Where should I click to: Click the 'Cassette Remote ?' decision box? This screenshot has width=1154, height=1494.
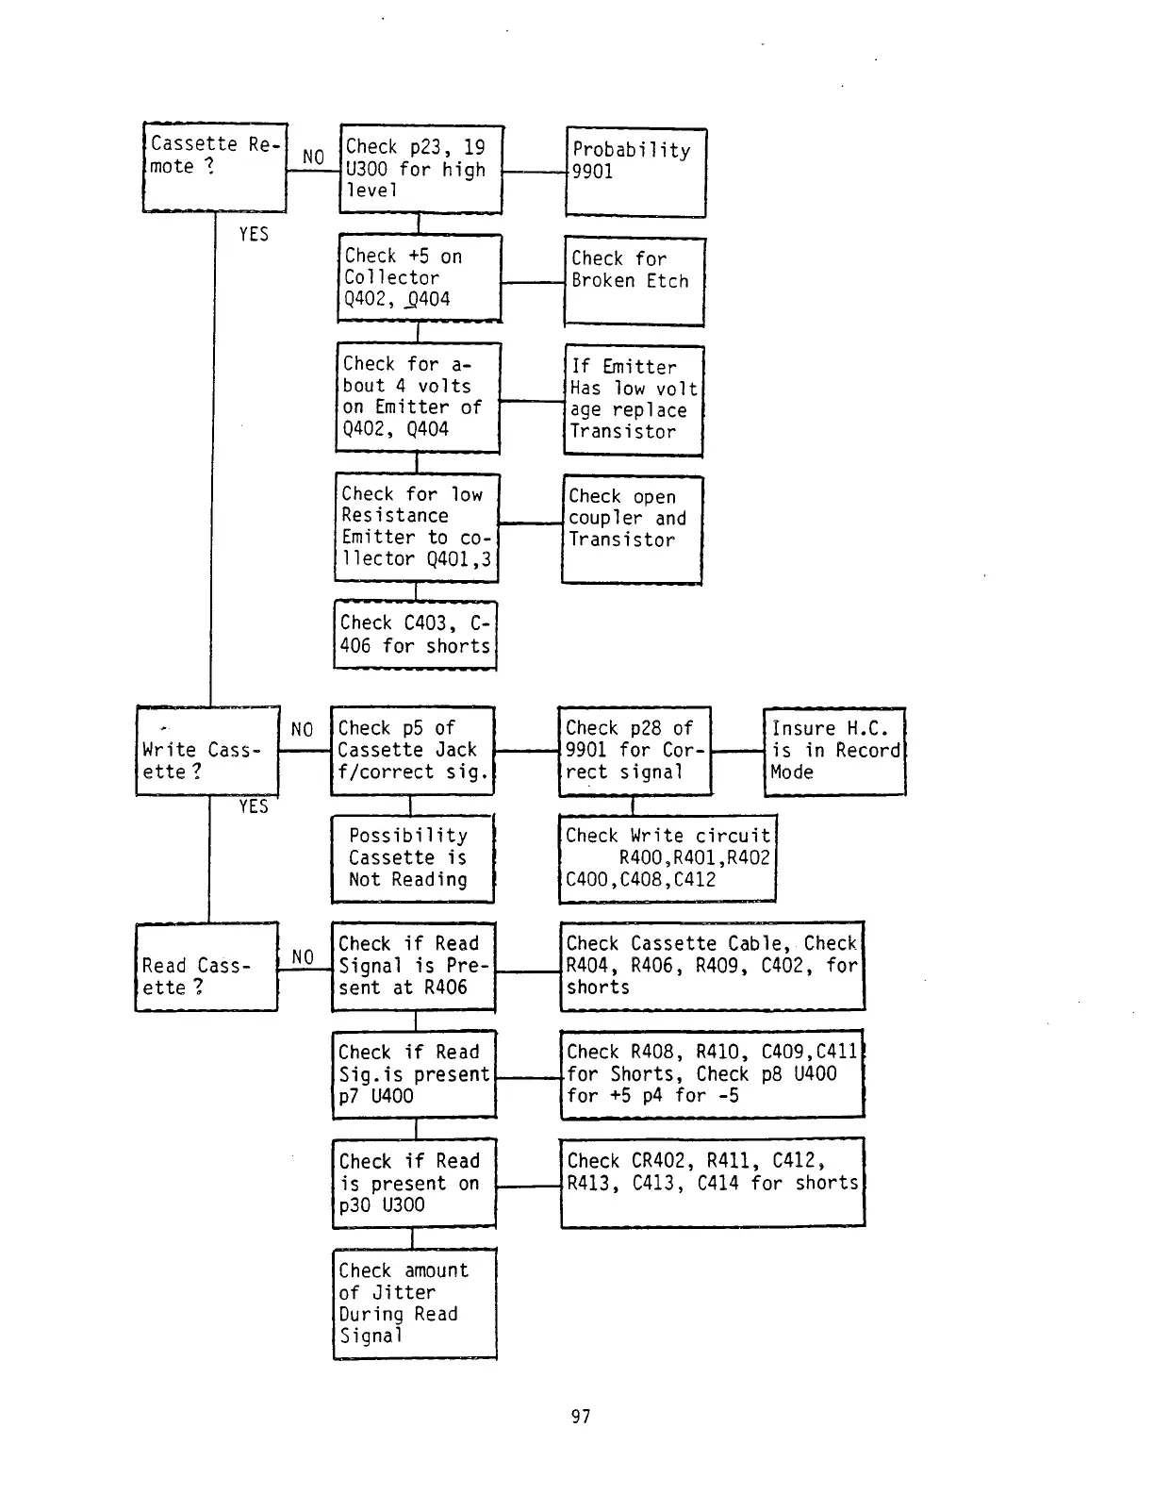pyautogui.click(x=214, y=167)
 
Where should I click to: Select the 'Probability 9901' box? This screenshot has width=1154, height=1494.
pyautogui.click(x=635, y=173)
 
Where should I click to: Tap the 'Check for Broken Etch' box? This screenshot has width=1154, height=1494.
pyautogui.click(x=634, y=281)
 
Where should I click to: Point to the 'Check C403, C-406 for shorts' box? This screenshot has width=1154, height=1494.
pyautogui.click(x=415, y=635)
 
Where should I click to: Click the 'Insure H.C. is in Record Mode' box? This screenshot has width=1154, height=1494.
pyautogui.click(x=833, y=751)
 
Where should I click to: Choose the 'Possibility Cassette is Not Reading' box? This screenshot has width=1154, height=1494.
pyautogui.click(x=412, y=858)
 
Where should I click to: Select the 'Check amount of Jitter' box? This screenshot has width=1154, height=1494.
pyautogui.click(x=414, y=1303)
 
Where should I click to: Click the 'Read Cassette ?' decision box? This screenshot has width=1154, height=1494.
pyautogui.click(x=206, y=967)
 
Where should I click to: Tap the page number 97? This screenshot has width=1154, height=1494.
pyautogui.click(x=581, y=1416)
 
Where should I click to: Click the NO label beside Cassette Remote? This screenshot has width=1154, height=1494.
pyautogui.click(x=313, y=157)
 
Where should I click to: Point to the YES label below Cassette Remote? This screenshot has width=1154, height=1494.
pyautogui.click(x=254, y=234)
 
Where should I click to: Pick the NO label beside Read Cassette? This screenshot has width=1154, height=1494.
pyautogui.click(x=303, y=957)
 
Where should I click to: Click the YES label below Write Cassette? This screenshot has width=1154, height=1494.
pyautogui.click(x=254, y=806)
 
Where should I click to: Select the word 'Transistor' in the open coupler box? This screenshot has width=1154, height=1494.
pyautogui.click(x=621, y=539)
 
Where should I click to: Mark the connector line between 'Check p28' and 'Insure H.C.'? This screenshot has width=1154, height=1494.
pyautogui.click(x=736, y=751)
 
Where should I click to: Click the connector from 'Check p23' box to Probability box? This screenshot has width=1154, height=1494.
pyautogui.click(x=534, y=173)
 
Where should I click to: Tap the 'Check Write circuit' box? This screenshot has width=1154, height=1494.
pyautogui.click(x=667, y=858)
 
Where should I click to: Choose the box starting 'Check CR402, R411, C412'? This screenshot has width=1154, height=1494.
pyautogui.click(x=712, y=1182)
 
